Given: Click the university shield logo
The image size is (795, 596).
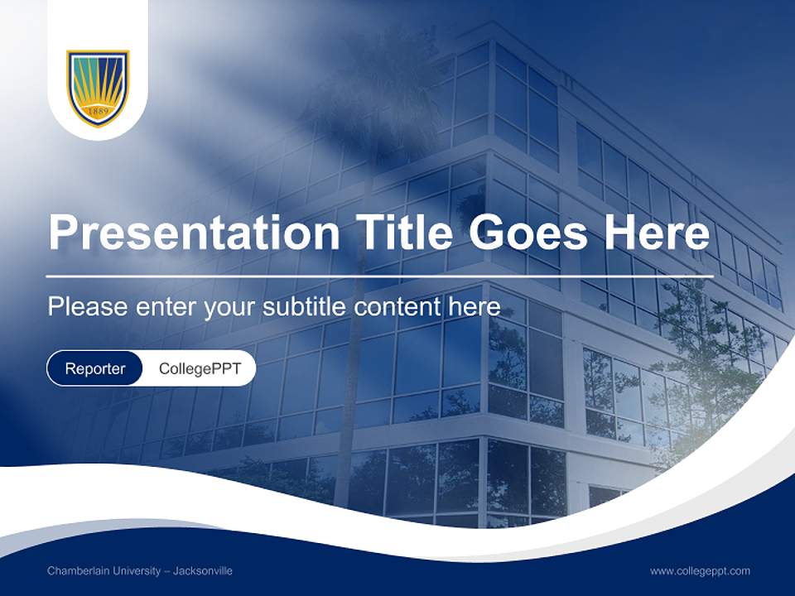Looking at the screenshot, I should click(98, 88).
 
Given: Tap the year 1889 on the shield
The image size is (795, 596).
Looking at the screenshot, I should click(98, 110).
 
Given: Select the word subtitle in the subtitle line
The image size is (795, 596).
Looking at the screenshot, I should click(306, 307).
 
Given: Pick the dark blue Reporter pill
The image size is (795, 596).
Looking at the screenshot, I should click(94, 368).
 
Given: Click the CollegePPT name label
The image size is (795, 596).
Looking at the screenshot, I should click(200, 368).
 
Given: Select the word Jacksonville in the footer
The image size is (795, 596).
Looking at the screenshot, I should click(203, 571).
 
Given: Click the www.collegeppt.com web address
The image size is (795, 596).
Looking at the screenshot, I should click(700, 571).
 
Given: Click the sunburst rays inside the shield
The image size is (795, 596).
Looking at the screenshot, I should click(98, 83).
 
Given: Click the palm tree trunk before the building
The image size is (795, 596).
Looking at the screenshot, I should click(349, 397).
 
